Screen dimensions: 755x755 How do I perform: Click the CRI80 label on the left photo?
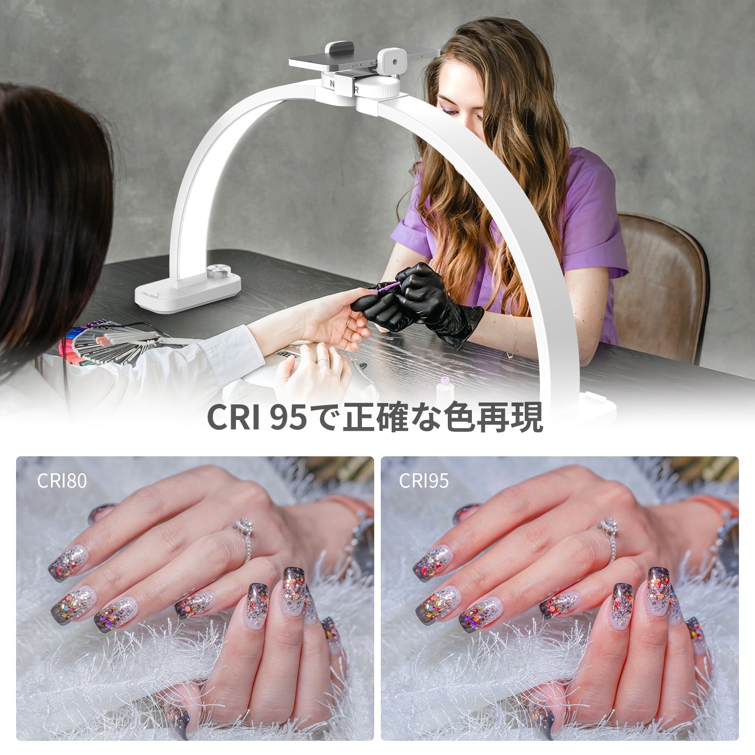coord(62,480)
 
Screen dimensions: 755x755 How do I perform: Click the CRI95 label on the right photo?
coord(424,480)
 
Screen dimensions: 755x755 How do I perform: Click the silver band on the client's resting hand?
coord(323,361)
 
